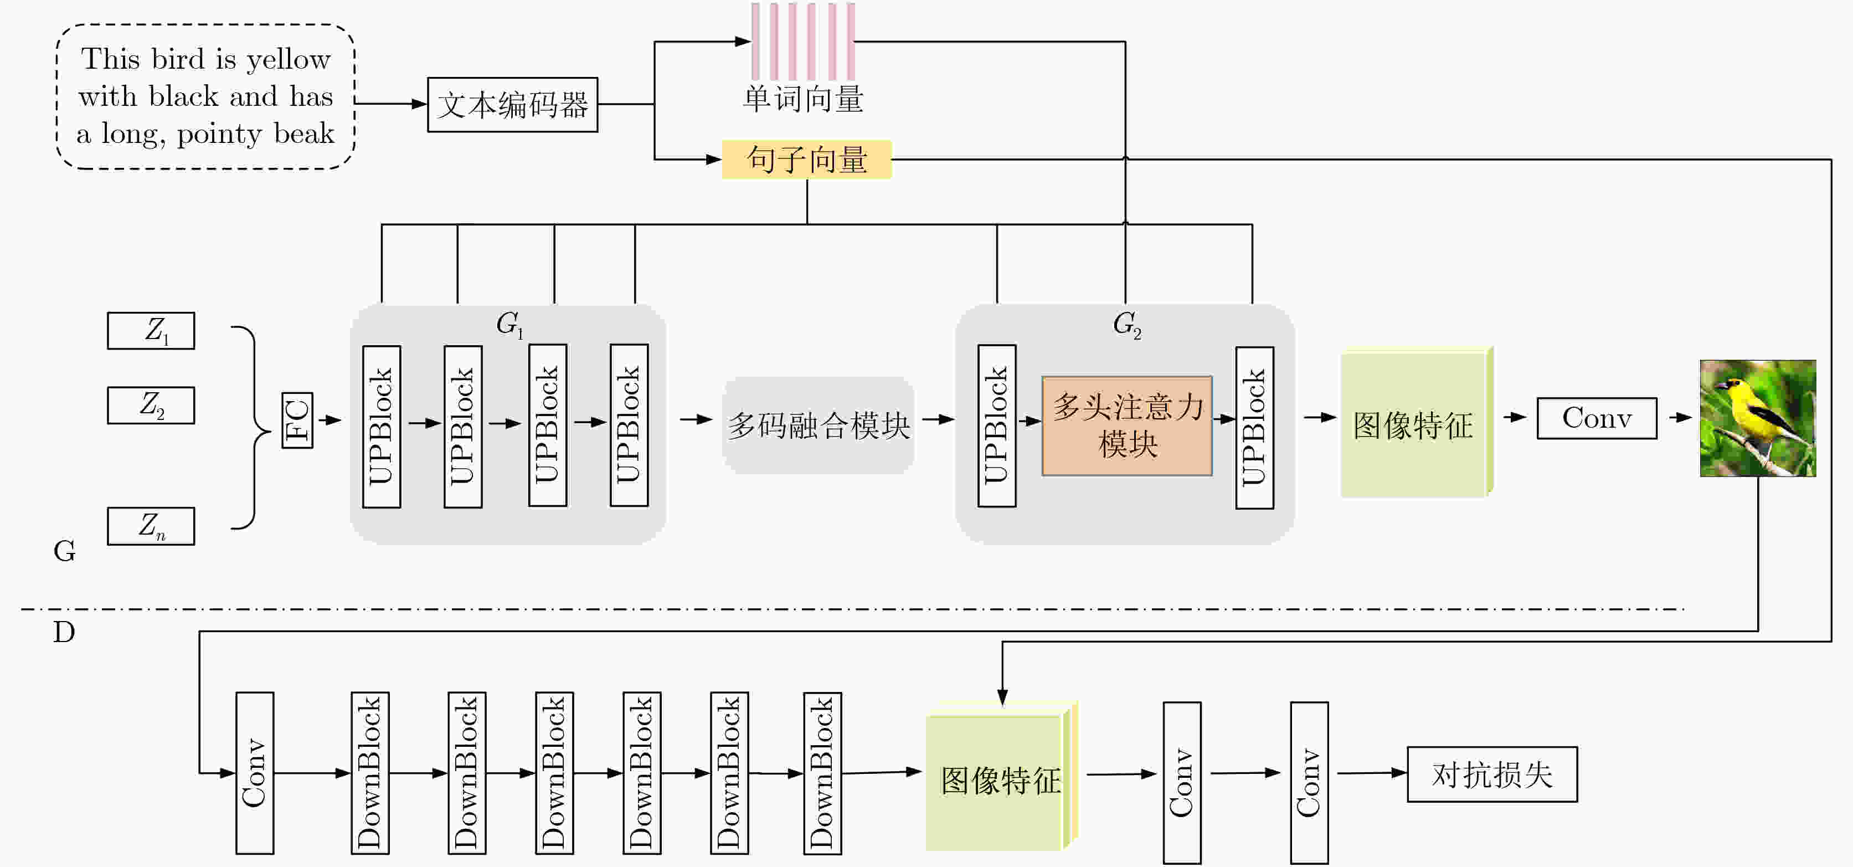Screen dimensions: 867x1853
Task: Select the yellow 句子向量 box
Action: pyautogui.click(x=806, y=159)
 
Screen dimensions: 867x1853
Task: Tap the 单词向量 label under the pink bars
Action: pyautogui.click(x=804, y=99)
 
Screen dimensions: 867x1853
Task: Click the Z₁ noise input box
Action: pyautogui.click(x=151, y=331)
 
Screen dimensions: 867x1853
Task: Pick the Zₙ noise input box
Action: pyautogui.click(x=151, y=526)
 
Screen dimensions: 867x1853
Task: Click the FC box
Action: pyautogui.click(x=297, y=420)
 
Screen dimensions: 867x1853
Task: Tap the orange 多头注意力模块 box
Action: pyautogui.click(x=1127, y=425)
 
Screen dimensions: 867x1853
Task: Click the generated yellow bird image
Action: pyautogui.click(x=1757, y=418)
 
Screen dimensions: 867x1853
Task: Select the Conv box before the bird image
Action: pyautogui.click(x=1597, y=418)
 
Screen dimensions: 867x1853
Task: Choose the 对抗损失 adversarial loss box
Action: pyautogui.click(x=1492, y=774)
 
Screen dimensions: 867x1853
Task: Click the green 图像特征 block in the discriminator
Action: pyautogui.click(x=1000, y=781)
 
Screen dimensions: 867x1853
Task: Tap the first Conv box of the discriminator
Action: pyautogui.click(x=255, y=773)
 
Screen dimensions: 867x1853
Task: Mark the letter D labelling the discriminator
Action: pyautogui.click(x=64, y=633)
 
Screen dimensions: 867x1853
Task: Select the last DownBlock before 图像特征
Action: pyautogui.click(x=822, y=773)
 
